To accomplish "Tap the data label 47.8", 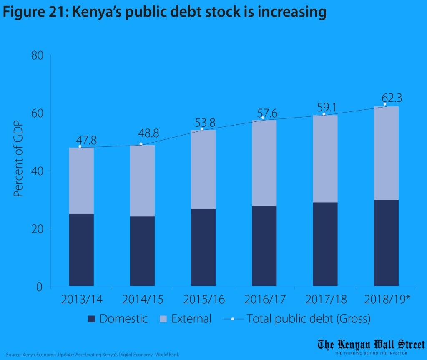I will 86,141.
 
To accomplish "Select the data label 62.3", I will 392,98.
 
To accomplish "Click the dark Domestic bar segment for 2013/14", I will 81,250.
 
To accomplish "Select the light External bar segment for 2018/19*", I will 386,153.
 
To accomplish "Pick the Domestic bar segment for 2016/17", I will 264,246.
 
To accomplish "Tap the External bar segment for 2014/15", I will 142,180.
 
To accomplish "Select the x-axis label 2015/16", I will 203,300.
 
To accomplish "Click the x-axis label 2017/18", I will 325,300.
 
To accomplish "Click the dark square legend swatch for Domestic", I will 92,320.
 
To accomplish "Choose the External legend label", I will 191,320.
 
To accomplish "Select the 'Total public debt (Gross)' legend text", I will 308,320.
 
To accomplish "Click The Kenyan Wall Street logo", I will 371,346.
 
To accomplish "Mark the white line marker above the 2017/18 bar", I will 324,114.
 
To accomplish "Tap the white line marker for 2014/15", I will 141,144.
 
